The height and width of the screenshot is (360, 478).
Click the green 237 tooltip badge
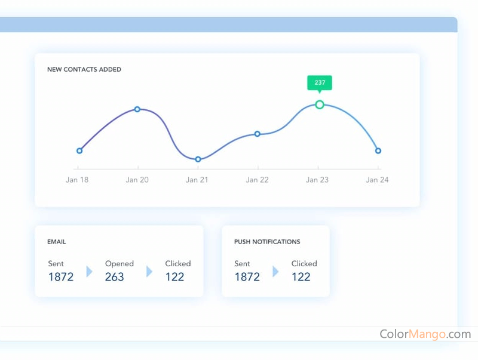320,83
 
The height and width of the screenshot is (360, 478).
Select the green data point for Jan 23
320,104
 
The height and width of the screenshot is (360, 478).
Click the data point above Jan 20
137,109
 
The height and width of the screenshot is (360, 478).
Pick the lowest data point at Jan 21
198,159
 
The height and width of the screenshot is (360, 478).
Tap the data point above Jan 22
258,134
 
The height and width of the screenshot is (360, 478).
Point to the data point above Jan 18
79,150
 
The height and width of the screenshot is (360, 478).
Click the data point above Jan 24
378,150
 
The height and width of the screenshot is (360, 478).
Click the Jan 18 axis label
77,180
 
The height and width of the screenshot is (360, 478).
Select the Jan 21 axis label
197,180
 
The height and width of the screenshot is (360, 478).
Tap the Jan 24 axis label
377,180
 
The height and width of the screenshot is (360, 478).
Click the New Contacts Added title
84,69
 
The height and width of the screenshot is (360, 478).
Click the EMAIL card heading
57,242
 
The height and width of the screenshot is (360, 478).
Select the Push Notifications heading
267,242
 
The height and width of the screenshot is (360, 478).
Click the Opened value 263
115,276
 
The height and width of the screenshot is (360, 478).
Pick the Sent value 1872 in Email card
61,276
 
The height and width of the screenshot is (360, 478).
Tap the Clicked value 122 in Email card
175,276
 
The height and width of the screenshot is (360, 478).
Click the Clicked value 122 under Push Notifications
301,276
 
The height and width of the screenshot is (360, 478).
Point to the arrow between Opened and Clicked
149,272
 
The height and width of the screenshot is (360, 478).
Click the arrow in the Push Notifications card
275,272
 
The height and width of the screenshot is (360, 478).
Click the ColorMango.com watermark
425,334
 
